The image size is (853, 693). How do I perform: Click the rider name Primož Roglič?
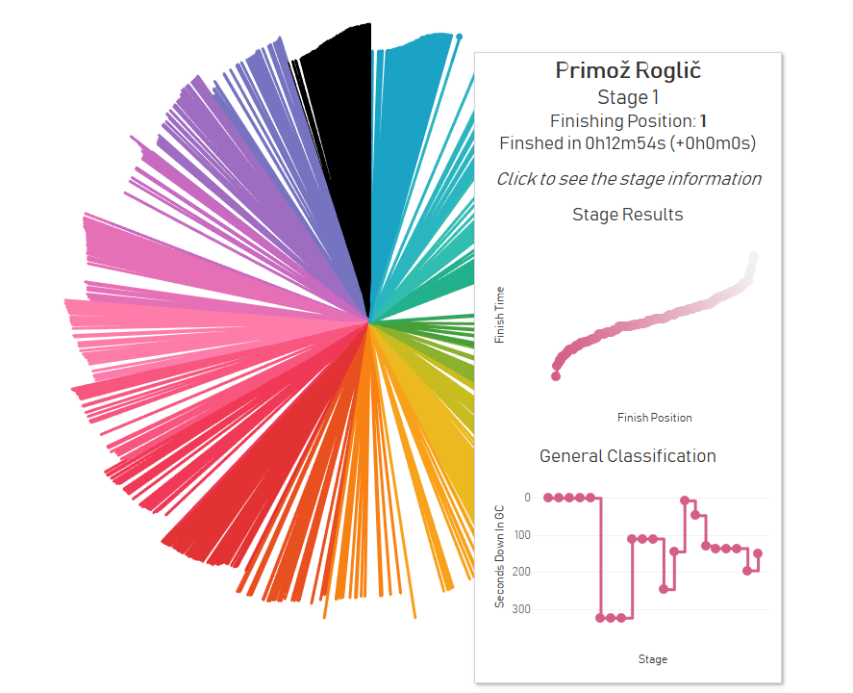pos(629,70)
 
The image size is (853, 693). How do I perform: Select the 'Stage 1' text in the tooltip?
pos(629,97)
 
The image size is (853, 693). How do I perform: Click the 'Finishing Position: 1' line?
pos(629,121)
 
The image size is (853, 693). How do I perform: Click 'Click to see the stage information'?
pos(629,179)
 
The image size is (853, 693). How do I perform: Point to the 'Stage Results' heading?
pos(628,215)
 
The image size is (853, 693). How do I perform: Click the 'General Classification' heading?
pos(628,456)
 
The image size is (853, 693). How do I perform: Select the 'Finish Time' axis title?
pos(500,315)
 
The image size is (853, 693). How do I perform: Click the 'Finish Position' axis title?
pos(654,418)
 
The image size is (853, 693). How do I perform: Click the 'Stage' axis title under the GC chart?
pos(652,659)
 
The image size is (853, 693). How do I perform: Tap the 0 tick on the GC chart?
pos(527,498)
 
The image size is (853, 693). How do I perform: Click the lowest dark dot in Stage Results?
pos(556,376)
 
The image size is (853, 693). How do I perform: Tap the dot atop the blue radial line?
pos(459,37)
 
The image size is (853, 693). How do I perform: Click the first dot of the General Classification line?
pos(548,498)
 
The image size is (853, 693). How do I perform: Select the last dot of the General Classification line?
pos(758,553)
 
